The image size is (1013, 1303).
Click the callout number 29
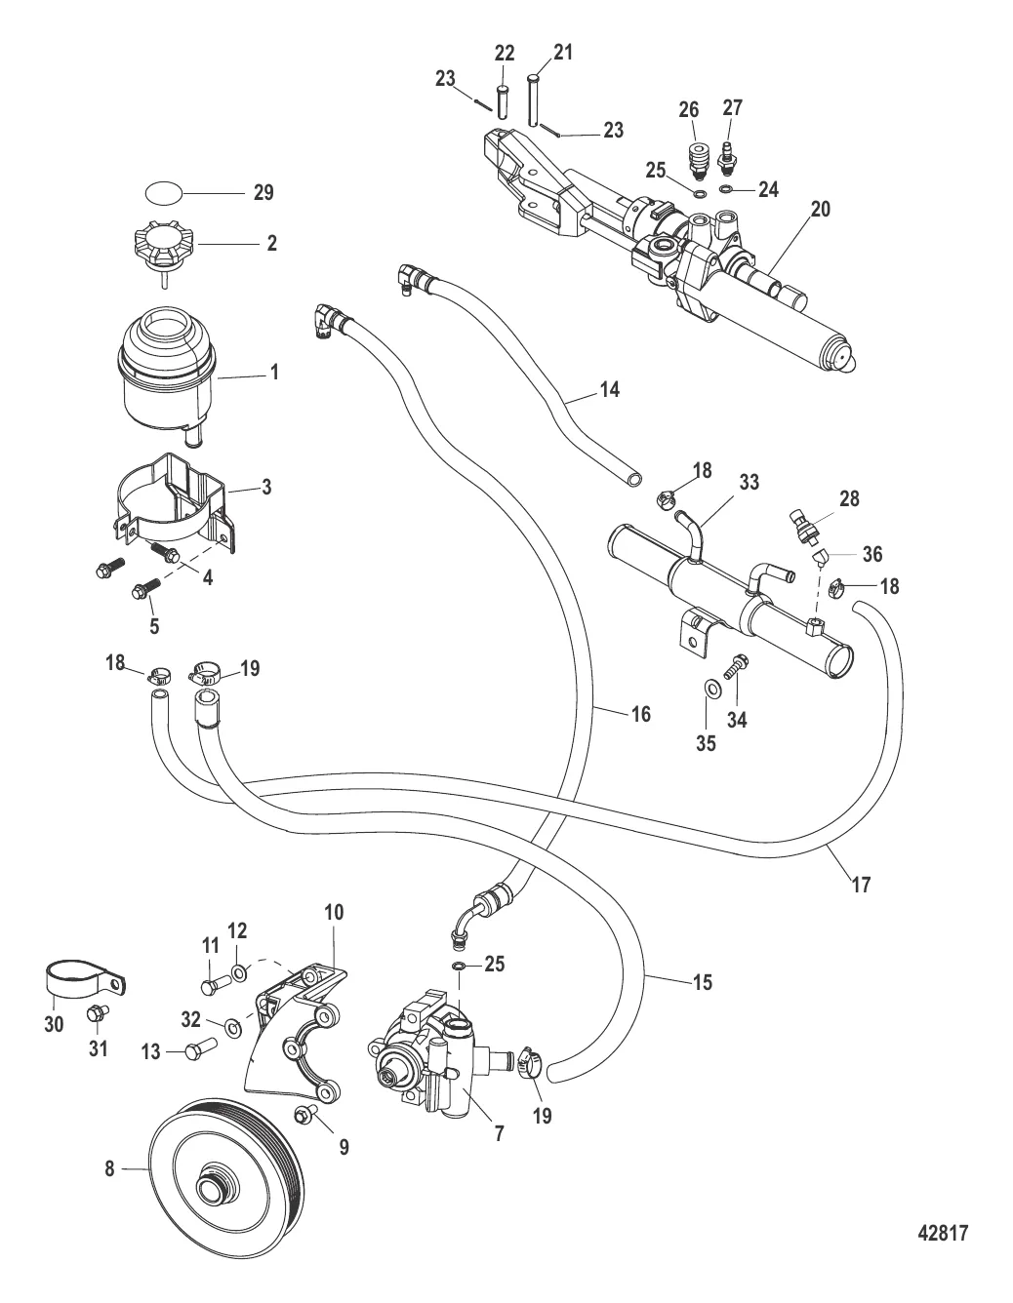pyautogui.click(x=263, y=193)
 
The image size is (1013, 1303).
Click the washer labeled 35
pyautogui.click(x=711, y=690)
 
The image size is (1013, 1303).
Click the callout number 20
pyautogui.click(x=820, y=209)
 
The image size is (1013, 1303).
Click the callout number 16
pyautogui.click(x=639, y=715)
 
